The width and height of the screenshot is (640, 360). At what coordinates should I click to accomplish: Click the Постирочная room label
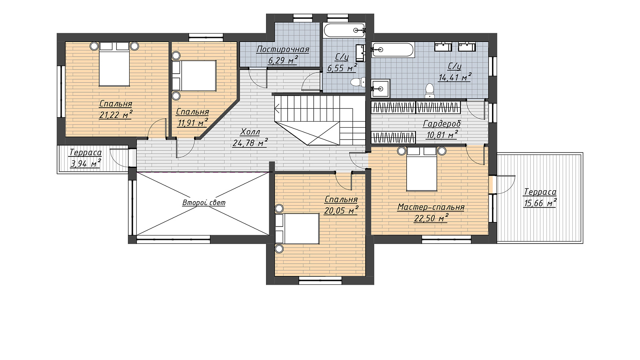(283, 50)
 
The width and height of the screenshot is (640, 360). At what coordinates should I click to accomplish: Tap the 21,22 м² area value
(116, 115)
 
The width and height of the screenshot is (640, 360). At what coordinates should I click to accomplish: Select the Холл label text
(250, 132)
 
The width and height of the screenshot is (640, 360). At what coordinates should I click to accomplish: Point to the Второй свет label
(204, 202)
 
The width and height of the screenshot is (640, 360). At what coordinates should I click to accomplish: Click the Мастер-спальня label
(431, 207)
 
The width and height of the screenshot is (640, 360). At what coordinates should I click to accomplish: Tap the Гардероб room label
(442, 124)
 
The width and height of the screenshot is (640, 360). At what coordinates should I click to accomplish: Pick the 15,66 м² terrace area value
(540, 203)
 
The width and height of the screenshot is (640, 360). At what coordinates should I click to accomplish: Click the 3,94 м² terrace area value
(86, 164)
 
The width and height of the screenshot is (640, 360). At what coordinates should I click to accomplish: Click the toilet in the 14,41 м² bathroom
(430, 91)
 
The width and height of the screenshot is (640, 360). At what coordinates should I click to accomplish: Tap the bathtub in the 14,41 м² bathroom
(392, 50)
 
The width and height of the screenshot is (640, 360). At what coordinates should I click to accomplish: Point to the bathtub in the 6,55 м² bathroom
(344, 30)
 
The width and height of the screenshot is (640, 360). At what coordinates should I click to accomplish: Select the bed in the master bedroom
(422, 169)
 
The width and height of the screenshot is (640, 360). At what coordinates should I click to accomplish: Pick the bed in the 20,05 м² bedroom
(297, 228)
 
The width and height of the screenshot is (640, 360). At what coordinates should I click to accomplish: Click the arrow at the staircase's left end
(276, 108)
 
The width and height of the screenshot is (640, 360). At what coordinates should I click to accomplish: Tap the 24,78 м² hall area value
(250, 142)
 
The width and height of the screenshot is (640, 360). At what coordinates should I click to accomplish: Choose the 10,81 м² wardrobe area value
(442, 134)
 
